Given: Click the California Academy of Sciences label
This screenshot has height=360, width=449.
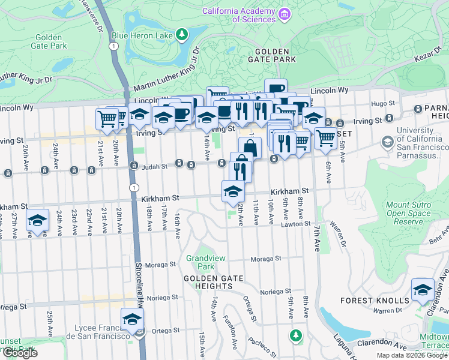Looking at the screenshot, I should click(x=239, y=15).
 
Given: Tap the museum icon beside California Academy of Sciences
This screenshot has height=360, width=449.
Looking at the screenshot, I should click(x=285, y=14).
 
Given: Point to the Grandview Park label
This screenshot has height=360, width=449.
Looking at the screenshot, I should click(x=206, y=262).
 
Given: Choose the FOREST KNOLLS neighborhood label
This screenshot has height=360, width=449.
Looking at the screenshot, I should click(x=382, y=300).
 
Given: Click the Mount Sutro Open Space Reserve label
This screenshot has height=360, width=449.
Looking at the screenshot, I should click(x=408, y=213).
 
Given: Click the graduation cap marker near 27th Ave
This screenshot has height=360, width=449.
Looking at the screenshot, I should click(x=37, y=220).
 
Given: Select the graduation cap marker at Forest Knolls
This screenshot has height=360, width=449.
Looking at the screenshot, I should click(x=423, y=289).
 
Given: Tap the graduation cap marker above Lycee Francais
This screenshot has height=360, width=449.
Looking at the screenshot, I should click(x=132, y=319).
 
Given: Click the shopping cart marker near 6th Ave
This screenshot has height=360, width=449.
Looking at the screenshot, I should click(x=325, y=137).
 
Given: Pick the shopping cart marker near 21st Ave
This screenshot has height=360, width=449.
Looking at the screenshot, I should click(x=107, y=118).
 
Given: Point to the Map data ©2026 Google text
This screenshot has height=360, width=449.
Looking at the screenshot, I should click(x=411, y=355).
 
